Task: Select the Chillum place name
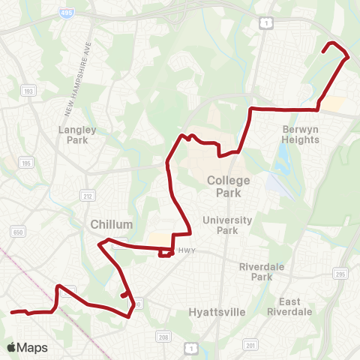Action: click(111, 224)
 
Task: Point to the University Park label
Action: click(231, 225)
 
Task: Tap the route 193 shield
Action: click(29, 91)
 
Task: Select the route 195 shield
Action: click(25, 163)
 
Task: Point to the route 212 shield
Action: click(86, 195)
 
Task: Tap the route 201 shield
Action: click(250, 345)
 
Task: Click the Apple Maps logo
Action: click(26, 347)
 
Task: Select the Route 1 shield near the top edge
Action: click(266, 24)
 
